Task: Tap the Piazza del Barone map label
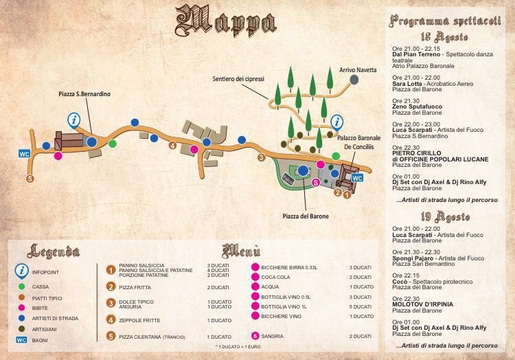(x=305, y=216)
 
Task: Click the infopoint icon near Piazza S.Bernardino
(x=74, y=120)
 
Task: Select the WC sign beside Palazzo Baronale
(x=356, y=177)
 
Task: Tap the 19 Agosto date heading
(x=447, y=216)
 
